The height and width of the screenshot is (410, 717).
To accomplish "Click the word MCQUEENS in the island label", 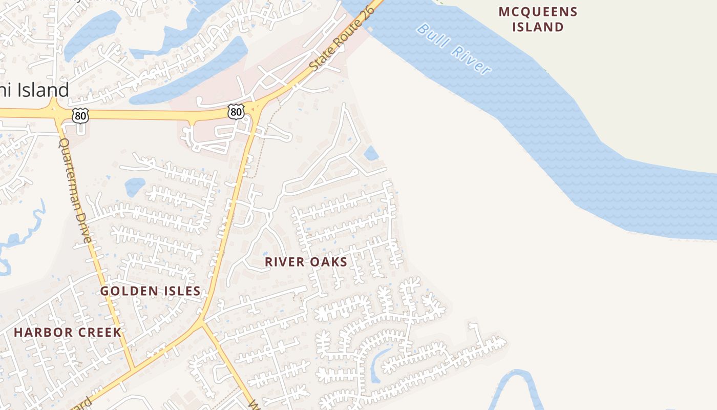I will pyautogui.click(x=538, y=12).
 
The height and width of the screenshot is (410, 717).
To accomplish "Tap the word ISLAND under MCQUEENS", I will pyautogui.click(x=538, y=27).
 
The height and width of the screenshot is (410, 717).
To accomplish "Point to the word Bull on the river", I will pyautogui.click(x=430, y=33).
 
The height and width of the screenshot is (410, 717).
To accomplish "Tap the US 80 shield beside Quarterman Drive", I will pyautogui.click(x=80, y=116).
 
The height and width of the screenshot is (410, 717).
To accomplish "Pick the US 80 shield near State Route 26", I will pyautogui.click(x=236, y=111).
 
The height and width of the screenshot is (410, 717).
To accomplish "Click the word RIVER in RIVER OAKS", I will pyautogui.click(x=283, y=262).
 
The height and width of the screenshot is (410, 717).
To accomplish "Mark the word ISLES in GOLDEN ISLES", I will pyautogui.click(x=181, y=291).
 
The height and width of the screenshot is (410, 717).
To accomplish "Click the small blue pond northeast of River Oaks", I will pyautogui.click(x=371, y=153).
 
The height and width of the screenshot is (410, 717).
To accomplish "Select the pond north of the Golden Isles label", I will pyautogui.click(x=134, y=186).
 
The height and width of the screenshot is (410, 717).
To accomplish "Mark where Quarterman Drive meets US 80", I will pyautogui.click(x=55, y=111).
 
